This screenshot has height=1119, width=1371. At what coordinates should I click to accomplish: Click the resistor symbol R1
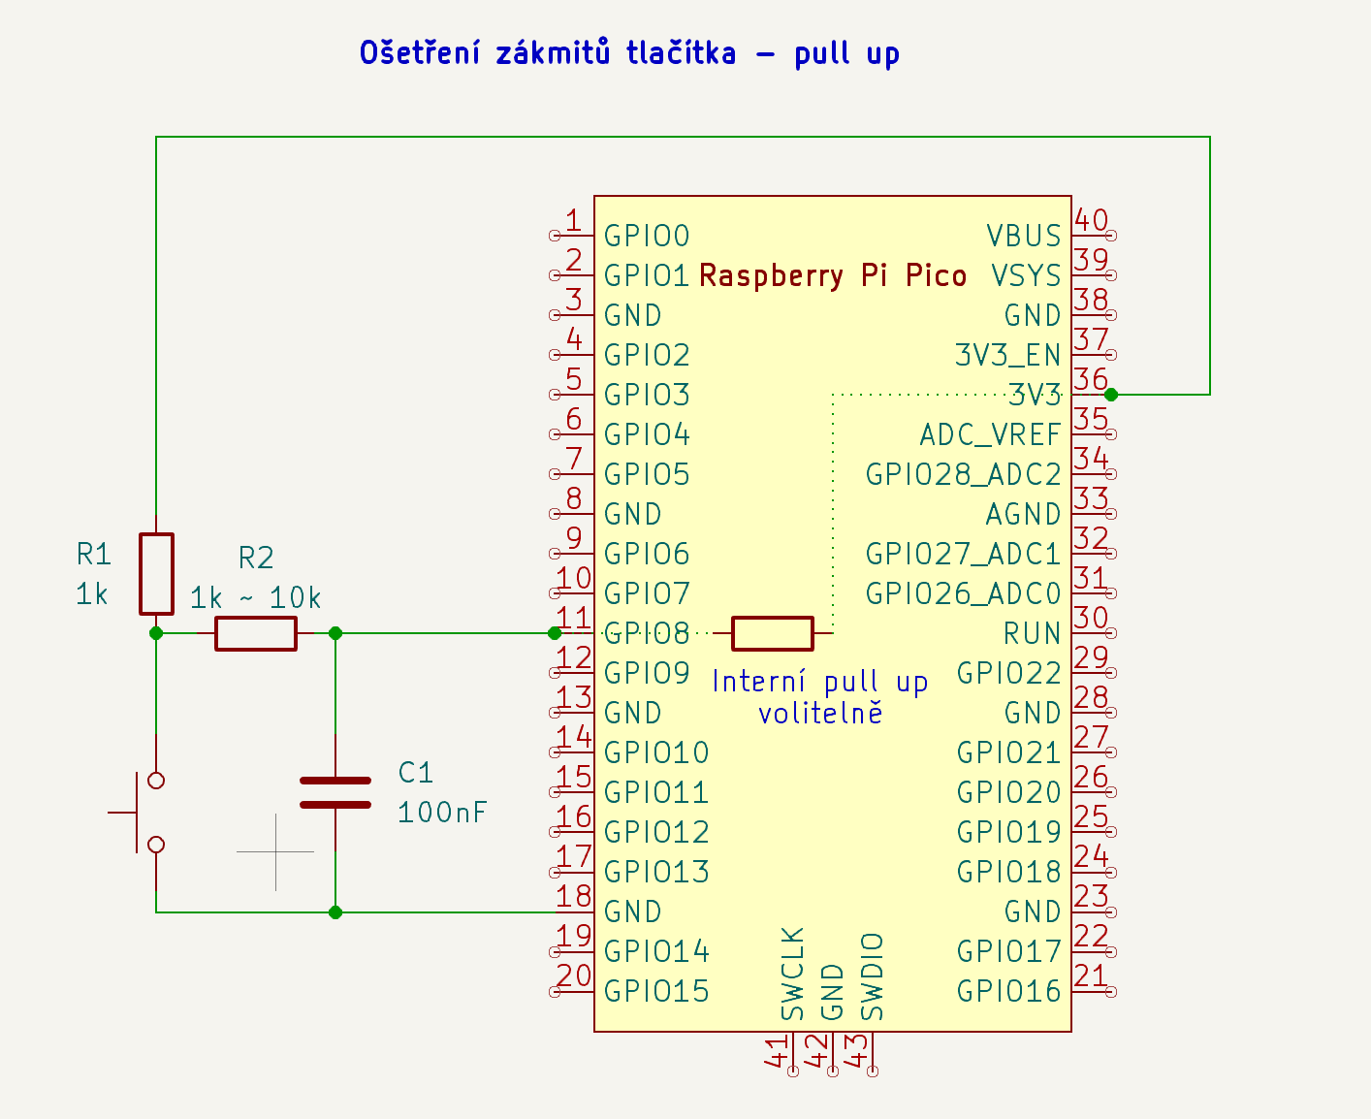(x=156, y=573)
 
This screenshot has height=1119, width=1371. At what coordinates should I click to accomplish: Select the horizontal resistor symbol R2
(x=255, y=633)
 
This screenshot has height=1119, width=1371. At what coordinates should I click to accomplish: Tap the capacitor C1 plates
(x=335, y=792)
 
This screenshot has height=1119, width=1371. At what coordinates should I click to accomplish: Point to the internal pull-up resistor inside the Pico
(x=772, y=633)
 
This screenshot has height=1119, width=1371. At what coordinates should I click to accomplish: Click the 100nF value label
(x=442, y=813)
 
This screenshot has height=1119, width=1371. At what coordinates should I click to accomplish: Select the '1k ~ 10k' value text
(x=255, y=598)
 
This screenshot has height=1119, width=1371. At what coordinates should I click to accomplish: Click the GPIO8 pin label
(x=647, y=633)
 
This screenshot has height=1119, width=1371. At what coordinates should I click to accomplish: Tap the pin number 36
(x=1091, y=379)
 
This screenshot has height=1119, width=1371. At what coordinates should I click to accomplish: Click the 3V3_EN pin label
(x=1007, y=355)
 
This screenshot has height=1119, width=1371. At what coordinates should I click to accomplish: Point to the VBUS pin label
(x=1024, y=236)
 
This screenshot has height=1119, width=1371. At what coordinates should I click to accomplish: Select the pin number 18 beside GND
(x=574, y=896)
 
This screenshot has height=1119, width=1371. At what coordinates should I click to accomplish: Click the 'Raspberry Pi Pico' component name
(x=833, y=275)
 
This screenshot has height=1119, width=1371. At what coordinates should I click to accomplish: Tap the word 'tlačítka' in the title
(x=681, y=52)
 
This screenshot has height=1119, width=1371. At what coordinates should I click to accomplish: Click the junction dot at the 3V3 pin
(x=1111, y=395)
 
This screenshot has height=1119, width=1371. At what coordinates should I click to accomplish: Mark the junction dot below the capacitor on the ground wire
(x=335, y=912)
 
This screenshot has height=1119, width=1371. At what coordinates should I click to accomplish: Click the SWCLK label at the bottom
(x=793, y=975)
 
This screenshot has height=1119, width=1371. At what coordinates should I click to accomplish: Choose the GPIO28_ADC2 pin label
(x=963, y=474)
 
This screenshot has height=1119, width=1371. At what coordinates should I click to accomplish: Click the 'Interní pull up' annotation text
(x=820, y=682)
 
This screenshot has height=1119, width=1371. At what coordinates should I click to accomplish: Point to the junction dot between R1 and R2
(x=156, y=633)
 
